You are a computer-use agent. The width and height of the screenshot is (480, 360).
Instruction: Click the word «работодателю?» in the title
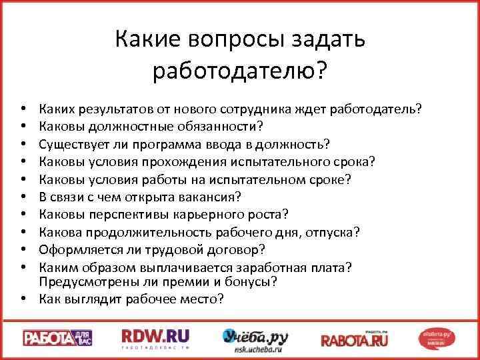tap(240, 70)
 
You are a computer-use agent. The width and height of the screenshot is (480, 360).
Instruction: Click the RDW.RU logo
tap(155, 337)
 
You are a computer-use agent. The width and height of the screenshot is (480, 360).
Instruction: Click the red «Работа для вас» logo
tap(57, 337)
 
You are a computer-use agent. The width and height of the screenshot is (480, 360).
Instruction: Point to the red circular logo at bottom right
tap(439, 337)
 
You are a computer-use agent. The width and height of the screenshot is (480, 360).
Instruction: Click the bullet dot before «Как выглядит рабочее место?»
tap(23, 299)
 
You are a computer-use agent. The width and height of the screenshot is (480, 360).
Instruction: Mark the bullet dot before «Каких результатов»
tap(23, 108)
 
